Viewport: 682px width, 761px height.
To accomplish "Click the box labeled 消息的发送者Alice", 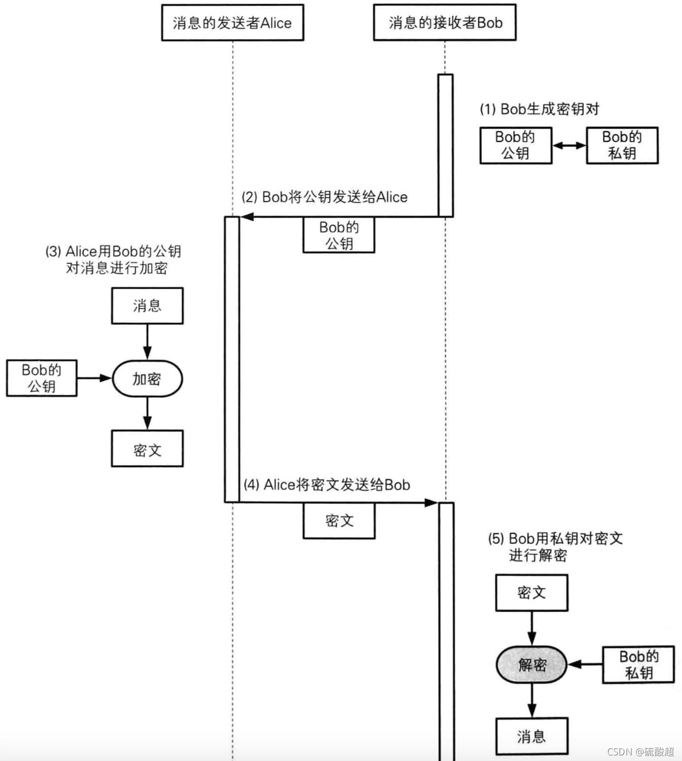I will coord(232,23).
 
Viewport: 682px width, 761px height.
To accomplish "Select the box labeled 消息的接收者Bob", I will coord(444,23).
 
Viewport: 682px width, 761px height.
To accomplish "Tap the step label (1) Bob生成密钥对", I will coord(539,109).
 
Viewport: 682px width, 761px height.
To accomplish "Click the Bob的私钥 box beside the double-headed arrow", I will coord(622,145).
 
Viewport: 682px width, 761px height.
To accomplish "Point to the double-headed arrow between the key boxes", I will coord(569,146).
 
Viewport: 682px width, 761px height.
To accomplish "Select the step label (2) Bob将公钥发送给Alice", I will coord(324,197).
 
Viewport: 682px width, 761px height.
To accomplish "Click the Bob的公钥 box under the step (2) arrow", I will coord(338,235).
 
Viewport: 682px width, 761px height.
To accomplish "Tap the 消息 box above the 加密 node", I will coord(147,306).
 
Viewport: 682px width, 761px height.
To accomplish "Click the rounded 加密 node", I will coord(147,379).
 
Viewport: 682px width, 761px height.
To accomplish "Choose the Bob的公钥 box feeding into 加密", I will coord(42,378).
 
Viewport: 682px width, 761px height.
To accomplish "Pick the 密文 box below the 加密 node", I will coord(147,449).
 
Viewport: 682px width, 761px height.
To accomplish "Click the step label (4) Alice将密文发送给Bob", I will coord(327,485).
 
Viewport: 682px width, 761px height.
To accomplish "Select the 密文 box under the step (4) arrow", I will coord(339,520).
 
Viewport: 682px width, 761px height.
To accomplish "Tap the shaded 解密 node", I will coord(532,664).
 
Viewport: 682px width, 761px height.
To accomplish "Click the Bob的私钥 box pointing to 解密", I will coord(638,665).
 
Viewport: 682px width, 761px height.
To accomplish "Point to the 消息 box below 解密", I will coord(532,736).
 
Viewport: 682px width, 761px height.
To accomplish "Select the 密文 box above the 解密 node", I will coord(532,593).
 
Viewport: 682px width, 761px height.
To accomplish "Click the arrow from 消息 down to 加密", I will coord(147,342).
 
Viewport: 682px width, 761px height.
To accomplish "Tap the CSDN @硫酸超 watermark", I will coord(640,751).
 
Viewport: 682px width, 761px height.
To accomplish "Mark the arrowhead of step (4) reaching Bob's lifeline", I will coord(431,503).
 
